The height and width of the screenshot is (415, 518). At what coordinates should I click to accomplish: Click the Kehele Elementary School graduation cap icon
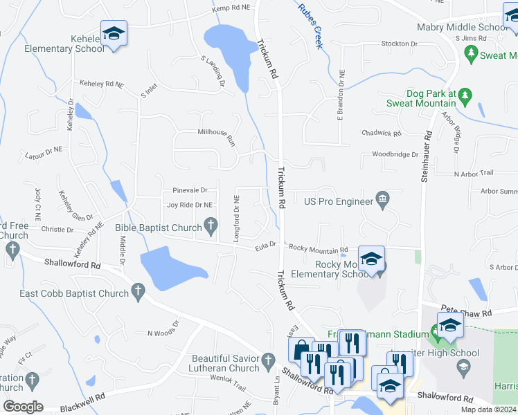113,33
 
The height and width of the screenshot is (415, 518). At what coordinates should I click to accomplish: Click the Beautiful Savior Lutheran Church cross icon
268,360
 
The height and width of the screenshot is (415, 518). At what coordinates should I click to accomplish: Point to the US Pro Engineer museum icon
382,200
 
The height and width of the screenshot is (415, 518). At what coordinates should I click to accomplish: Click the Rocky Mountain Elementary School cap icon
371,259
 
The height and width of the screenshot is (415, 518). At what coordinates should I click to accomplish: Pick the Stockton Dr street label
400,43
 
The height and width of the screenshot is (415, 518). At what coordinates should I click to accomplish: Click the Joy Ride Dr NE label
190,205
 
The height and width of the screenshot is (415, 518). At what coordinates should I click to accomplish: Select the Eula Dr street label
265,244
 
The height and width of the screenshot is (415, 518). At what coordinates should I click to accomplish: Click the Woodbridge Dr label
395,154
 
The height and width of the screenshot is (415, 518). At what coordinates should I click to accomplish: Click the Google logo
23,406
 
